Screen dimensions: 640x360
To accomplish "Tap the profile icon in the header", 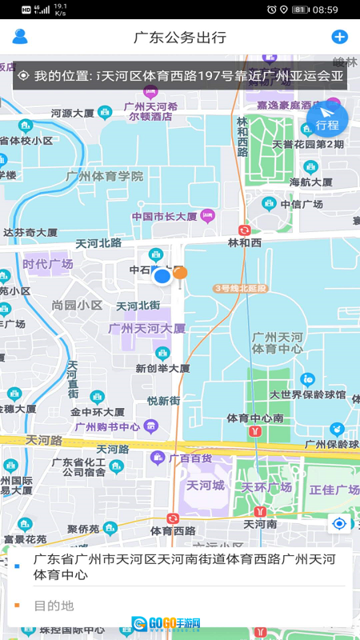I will [20, 37].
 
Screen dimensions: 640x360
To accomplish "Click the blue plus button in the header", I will [339, 37].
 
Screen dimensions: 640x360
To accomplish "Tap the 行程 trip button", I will [327, 121].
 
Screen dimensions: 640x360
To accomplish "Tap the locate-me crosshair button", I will [340, 523].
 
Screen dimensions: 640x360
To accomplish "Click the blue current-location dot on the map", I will [162, 277].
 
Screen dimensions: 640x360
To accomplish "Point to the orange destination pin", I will [181, 274].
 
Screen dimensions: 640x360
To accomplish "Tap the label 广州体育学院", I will [105, 176].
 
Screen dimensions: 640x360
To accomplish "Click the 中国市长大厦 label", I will [165, 216].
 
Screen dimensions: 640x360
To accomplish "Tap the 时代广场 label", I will [47, 264].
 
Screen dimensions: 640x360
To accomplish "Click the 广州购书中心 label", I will [107, 426].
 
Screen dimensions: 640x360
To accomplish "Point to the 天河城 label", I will [206, 486].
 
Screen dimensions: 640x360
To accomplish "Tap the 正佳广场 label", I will [335, 489].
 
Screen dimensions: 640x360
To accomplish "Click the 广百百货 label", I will [190, 458].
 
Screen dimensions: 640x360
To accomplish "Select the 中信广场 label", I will [306, 204].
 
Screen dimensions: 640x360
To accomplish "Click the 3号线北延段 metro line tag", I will [241, 287].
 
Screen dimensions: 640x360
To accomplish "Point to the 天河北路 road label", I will [98, 242].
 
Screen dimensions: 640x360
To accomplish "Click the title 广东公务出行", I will [180, 38].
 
